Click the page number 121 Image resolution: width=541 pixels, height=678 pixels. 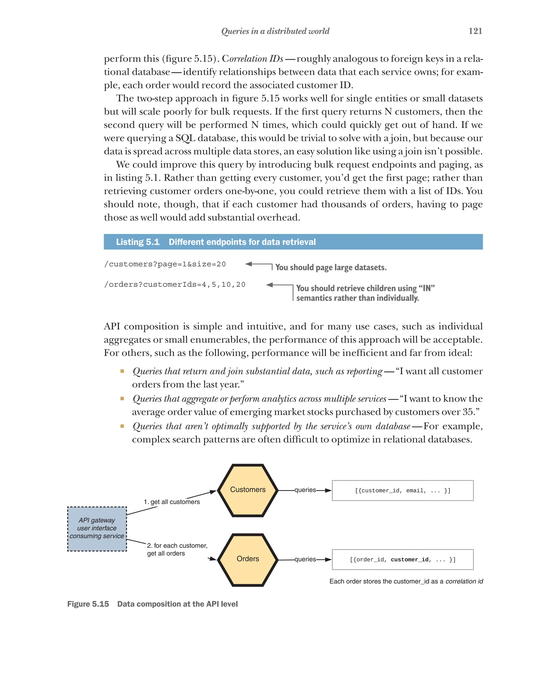click(x=475, y=31)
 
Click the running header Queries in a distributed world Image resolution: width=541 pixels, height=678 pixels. click(x=275, y=31)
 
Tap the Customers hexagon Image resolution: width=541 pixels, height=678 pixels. click(x=248, y=490)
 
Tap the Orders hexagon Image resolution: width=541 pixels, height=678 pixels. click(x=248, y=560)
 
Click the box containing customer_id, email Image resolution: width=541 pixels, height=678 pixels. click(x=403, y=490)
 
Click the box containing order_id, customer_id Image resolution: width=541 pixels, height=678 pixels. click(x=403, y=560)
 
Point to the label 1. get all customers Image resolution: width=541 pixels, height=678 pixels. click(x=171, y=502)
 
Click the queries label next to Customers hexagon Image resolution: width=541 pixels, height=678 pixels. click(x=305, y=490)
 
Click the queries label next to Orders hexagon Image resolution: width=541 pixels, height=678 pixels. click(x=305, y=559)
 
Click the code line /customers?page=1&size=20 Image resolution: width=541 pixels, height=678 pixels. click(x=165, y=264)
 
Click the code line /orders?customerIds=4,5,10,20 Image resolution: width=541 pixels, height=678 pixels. click(x=175, y=285)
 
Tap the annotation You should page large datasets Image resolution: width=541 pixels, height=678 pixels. click(x=331, y=267)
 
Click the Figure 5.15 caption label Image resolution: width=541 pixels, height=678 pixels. click(x=88, y=604)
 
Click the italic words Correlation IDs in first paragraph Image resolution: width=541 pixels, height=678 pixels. click(x=252, y=59)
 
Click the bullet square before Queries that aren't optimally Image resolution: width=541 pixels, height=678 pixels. click(x=122, y=426)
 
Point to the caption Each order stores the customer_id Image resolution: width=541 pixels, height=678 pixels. click(x=406, y=581)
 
